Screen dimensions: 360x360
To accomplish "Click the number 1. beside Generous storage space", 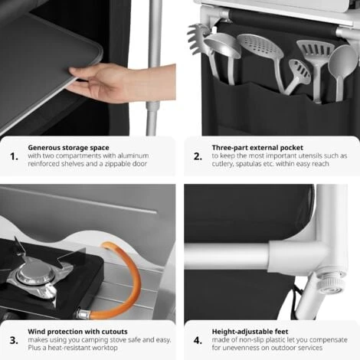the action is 14,156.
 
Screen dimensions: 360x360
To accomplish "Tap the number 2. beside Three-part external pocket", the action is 198,156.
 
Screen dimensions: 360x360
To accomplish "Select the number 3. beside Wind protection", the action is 14,340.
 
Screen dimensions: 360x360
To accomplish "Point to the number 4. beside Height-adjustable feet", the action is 198,340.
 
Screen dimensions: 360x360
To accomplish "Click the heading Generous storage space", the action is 68,148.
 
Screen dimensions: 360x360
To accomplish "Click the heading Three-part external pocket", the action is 257,148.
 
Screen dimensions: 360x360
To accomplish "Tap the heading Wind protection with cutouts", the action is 77,332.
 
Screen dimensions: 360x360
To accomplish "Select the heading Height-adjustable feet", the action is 250,332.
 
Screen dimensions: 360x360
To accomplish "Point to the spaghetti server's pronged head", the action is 199,38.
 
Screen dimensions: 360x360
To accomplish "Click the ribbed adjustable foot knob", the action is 328,283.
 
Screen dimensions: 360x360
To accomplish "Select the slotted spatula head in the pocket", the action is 316,52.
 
